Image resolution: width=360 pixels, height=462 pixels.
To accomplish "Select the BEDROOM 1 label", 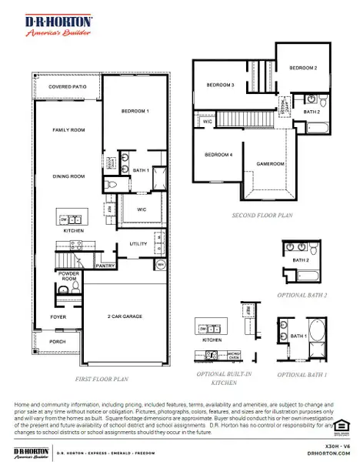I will pyautogui.click(x=135, y=112).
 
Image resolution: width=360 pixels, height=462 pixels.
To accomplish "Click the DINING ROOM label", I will pyautogui.click(x=67, y=176).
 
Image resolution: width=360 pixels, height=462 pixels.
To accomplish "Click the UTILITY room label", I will pyautogui.click(x=138, y=244).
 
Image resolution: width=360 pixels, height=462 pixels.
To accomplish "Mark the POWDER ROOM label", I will pyautogui.click(x=68, y=276).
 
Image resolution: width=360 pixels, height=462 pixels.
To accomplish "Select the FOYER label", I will pyautogui.click(x=58, y=316).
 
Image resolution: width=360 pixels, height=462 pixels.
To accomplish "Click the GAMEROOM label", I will pyautogui.click(x=270, y=164).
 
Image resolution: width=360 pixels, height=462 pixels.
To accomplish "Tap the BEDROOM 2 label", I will pyautogui.click(x=302, y=68).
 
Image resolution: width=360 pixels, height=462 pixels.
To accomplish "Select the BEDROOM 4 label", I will pyautogui.click(x=218, y=155).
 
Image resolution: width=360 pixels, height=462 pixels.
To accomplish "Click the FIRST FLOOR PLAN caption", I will pyautogui.click(x=102, y=379).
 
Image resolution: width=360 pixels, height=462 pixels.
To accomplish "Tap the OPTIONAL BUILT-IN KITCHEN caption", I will pyautogui.click(x=222, y=377).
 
